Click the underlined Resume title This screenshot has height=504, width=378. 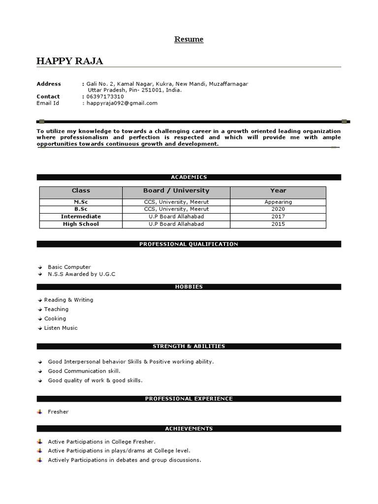click(189, 39)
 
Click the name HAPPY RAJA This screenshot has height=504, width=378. click(69, 61)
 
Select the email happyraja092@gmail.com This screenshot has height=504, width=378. click(122, 103)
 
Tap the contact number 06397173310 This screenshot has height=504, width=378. click(105, 96)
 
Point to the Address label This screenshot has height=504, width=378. click(49, 84)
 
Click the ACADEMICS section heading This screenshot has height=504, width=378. click(189, 177)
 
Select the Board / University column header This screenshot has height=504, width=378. click(176, 190)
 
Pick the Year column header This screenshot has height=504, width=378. click(278, 190)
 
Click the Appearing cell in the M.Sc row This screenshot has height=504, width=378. click(278, 202)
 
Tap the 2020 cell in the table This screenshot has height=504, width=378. click(278, 209)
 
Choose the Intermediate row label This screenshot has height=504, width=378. click(81, 217)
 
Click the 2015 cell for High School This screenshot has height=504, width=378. click(278, 224)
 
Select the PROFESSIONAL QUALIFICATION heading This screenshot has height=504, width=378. click(189, 244)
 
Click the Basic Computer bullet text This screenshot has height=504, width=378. click(69, 267)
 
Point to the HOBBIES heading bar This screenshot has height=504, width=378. click(189, 287)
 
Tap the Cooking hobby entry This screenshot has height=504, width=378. click(55, 318)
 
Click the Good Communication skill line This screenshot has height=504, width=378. click(84, 371)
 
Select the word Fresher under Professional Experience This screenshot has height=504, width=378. click(58, 412)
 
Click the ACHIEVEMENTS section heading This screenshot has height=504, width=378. click(189, 429)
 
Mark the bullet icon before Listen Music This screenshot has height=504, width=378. click(39, 328)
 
